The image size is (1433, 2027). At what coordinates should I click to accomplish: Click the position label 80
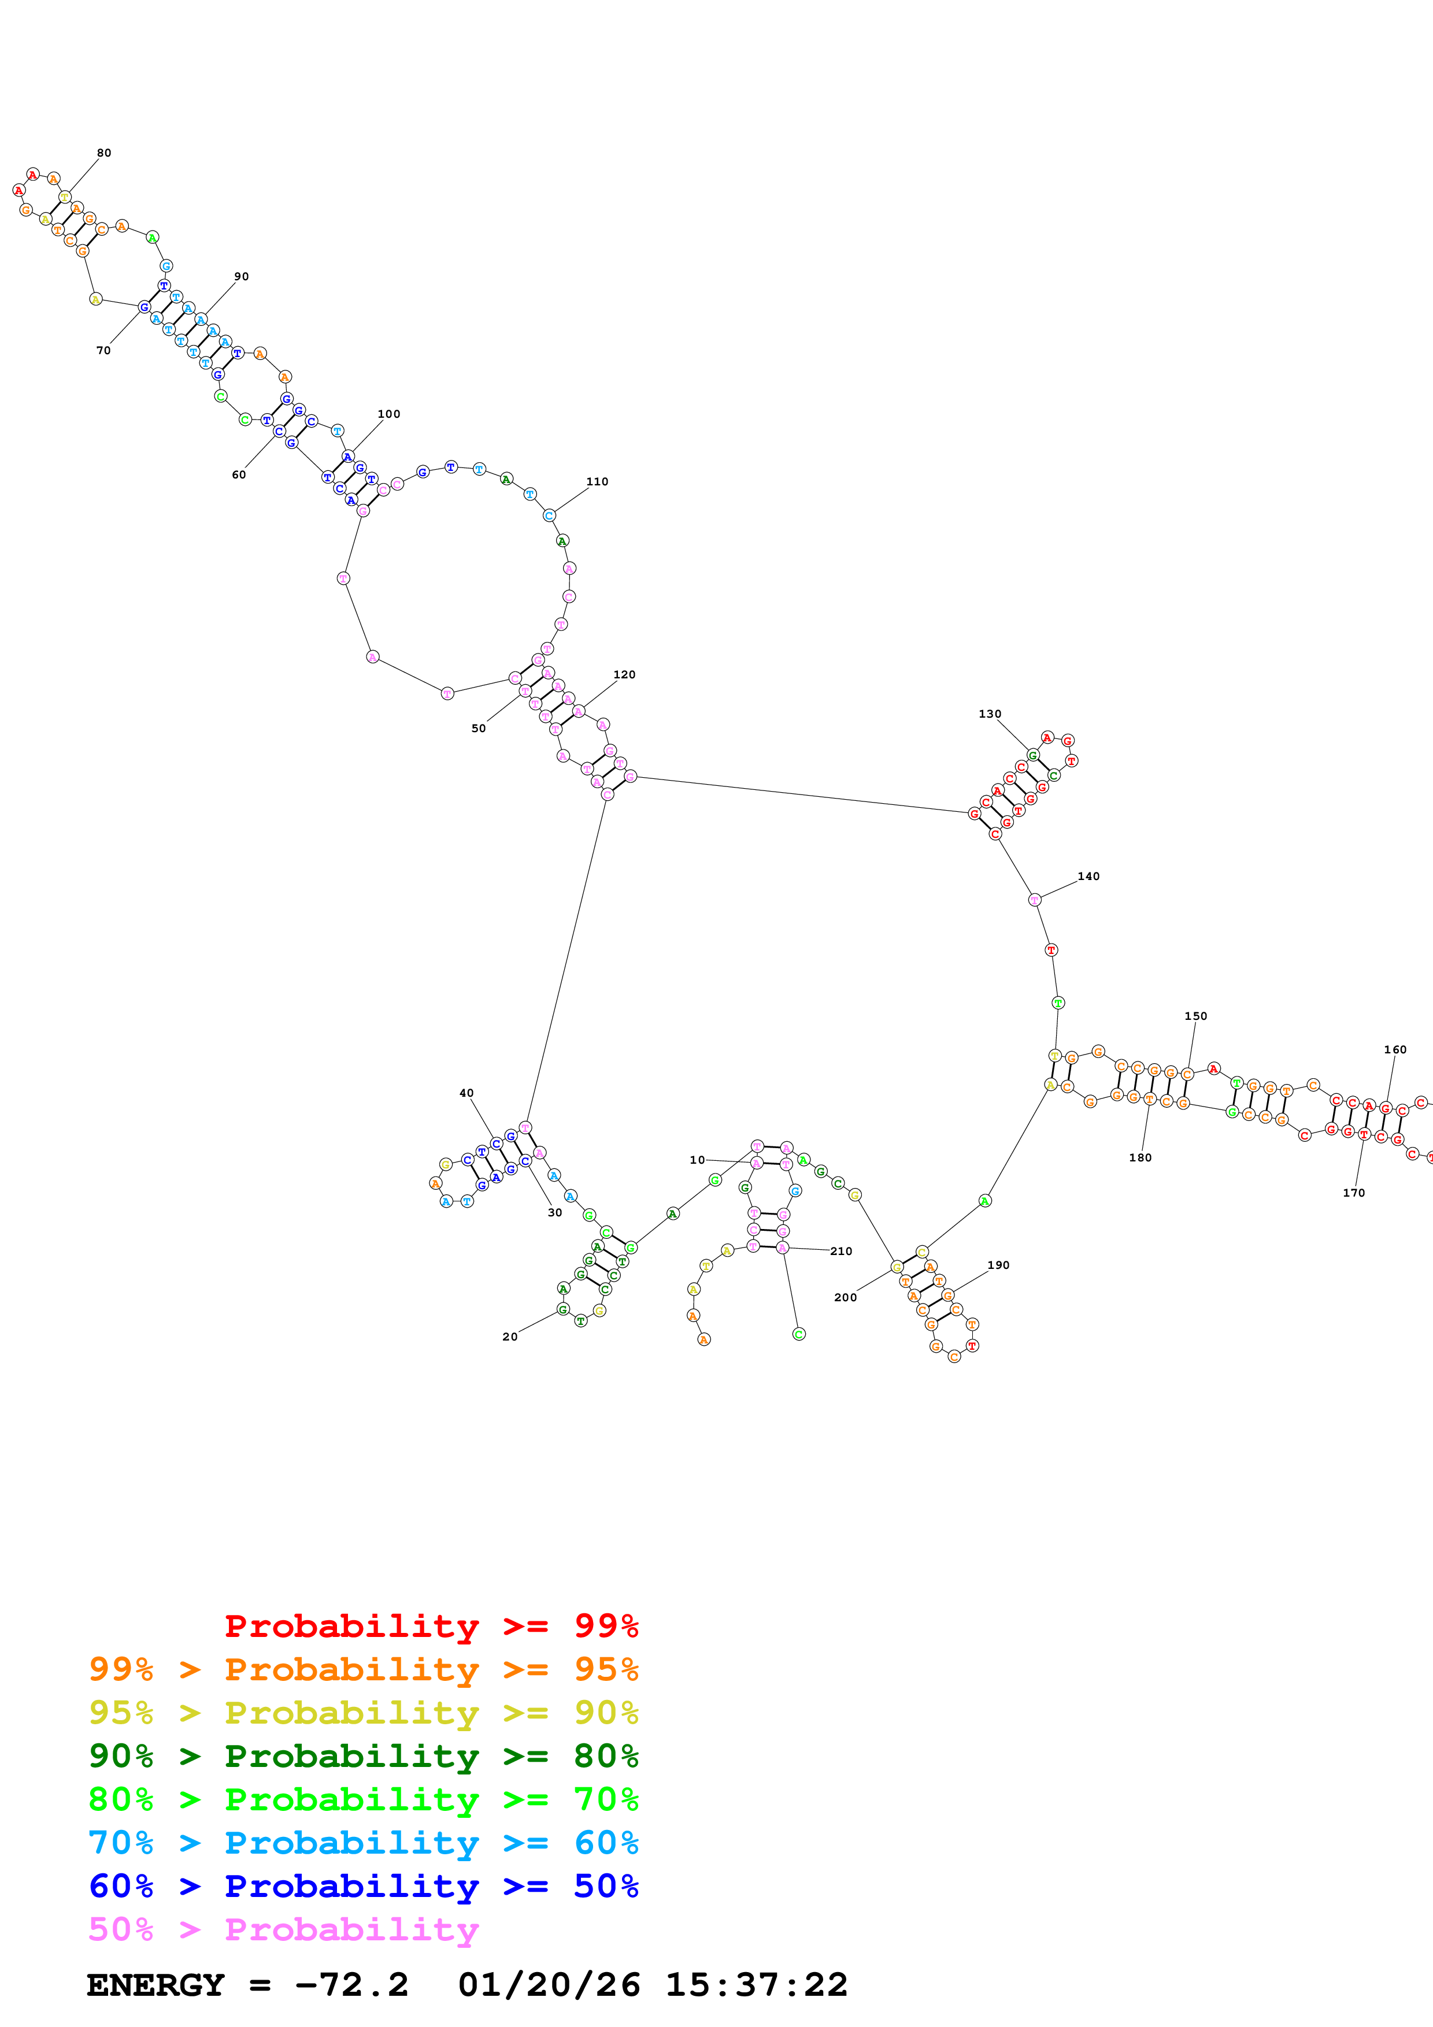[104, 153]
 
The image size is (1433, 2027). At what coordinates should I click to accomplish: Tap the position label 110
[597, 482]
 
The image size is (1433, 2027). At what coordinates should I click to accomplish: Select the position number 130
[990, 714]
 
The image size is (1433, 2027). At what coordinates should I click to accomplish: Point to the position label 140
[1088, 877]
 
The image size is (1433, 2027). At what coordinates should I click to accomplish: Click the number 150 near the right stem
[1195, 1016]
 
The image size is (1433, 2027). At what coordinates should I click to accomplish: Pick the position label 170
[1354, 1193]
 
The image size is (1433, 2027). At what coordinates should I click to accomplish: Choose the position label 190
[999, 1265]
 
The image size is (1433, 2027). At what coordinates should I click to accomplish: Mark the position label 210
[842, 1251]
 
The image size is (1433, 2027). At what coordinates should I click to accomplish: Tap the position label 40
[466, 1093]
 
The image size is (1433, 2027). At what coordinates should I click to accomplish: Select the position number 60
[238, 475]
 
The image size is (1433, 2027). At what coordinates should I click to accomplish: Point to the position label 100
[388, 414]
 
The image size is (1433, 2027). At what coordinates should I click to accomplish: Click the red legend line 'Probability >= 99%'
[431, 1626]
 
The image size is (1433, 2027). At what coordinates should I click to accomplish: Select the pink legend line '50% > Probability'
[283, 1930]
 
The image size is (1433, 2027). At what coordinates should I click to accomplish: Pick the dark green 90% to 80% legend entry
[363, 1756]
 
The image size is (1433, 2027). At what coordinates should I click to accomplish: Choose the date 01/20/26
[549, 1985]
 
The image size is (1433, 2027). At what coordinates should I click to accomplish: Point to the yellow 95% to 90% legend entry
[363, 1713]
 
